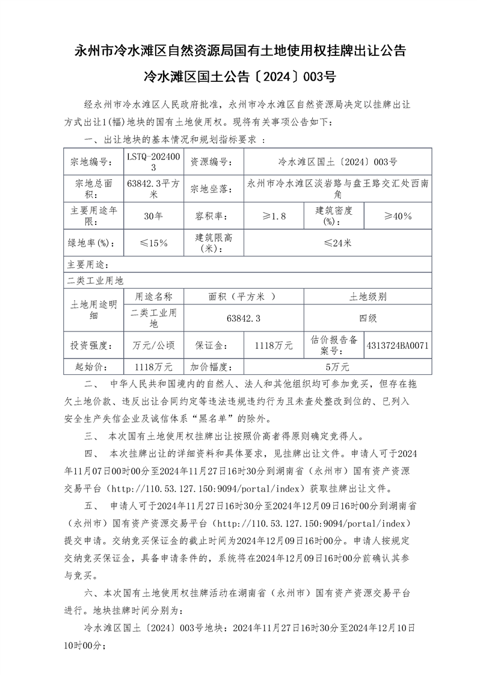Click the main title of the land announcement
(x=239, y=50)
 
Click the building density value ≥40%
(x=398, y=215)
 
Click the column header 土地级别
(x=368, y=297)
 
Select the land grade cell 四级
(x=368, y=318)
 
